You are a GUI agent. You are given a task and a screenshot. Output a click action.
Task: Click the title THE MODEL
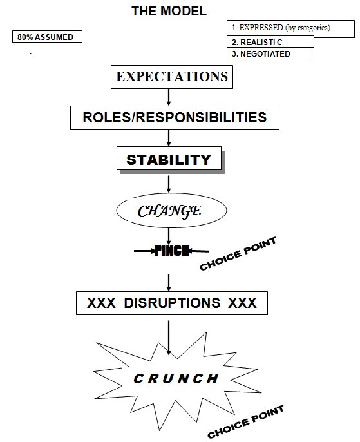[x=169, y=11]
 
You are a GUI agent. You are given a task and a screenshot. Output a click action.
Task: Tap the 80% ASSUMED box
[x=47, y=37]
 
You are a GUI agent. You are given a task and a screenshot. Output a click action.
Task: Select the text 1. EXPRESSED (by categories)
[x=281, y=28]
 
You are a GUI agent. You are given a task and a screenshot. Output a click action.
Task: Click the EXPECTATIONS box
[x=172, y=77]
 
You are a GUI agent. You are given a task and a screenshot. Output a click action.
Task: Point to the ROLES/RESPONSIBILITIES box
[x=175, y=117]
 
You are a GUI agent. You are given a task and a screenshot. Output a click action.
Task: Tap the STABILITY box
[x=169, y=159]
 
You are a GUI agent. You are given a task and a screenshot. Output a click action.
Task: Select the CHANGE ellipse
[x=171, y=210]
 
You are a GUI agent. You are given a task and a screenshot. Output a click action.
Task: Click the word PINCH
[x=171, y=250]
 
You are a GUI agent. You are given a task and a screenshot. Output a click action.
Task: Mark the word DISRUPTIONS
[x=172, y=303]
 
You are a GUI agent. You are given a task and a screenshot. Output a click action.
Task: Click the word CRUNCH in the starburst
[x=176, y=379]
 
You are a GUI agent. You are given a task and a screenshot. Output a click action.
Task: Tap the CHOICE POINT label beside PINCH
[x=238, y=254]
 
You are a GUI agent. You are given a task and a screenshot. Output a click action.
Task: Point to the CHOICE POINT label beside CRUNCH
[x=245, y=421]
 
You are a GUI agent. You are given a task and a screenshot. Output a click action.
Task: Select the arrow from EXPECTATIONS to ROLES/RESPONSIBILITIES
[x=169, y=97]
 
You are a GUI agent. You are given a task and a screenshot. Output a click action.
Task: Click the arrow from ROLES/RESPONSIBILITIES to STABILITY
[x=169, y=138]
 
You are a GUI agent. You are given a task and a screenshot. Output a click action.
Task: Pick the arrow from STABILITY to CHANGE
[x=169, y=184]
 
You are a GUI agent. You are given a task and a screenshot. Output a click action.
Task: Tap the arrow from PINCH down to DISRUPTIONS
[x=169, y=282]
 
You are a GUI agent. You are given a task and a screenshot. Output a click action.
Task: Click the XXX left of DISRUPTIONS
[x=101, y=303]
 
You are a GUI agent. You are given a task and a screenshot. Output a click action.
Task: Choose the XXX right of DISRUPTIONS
[x=242, y=303]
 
